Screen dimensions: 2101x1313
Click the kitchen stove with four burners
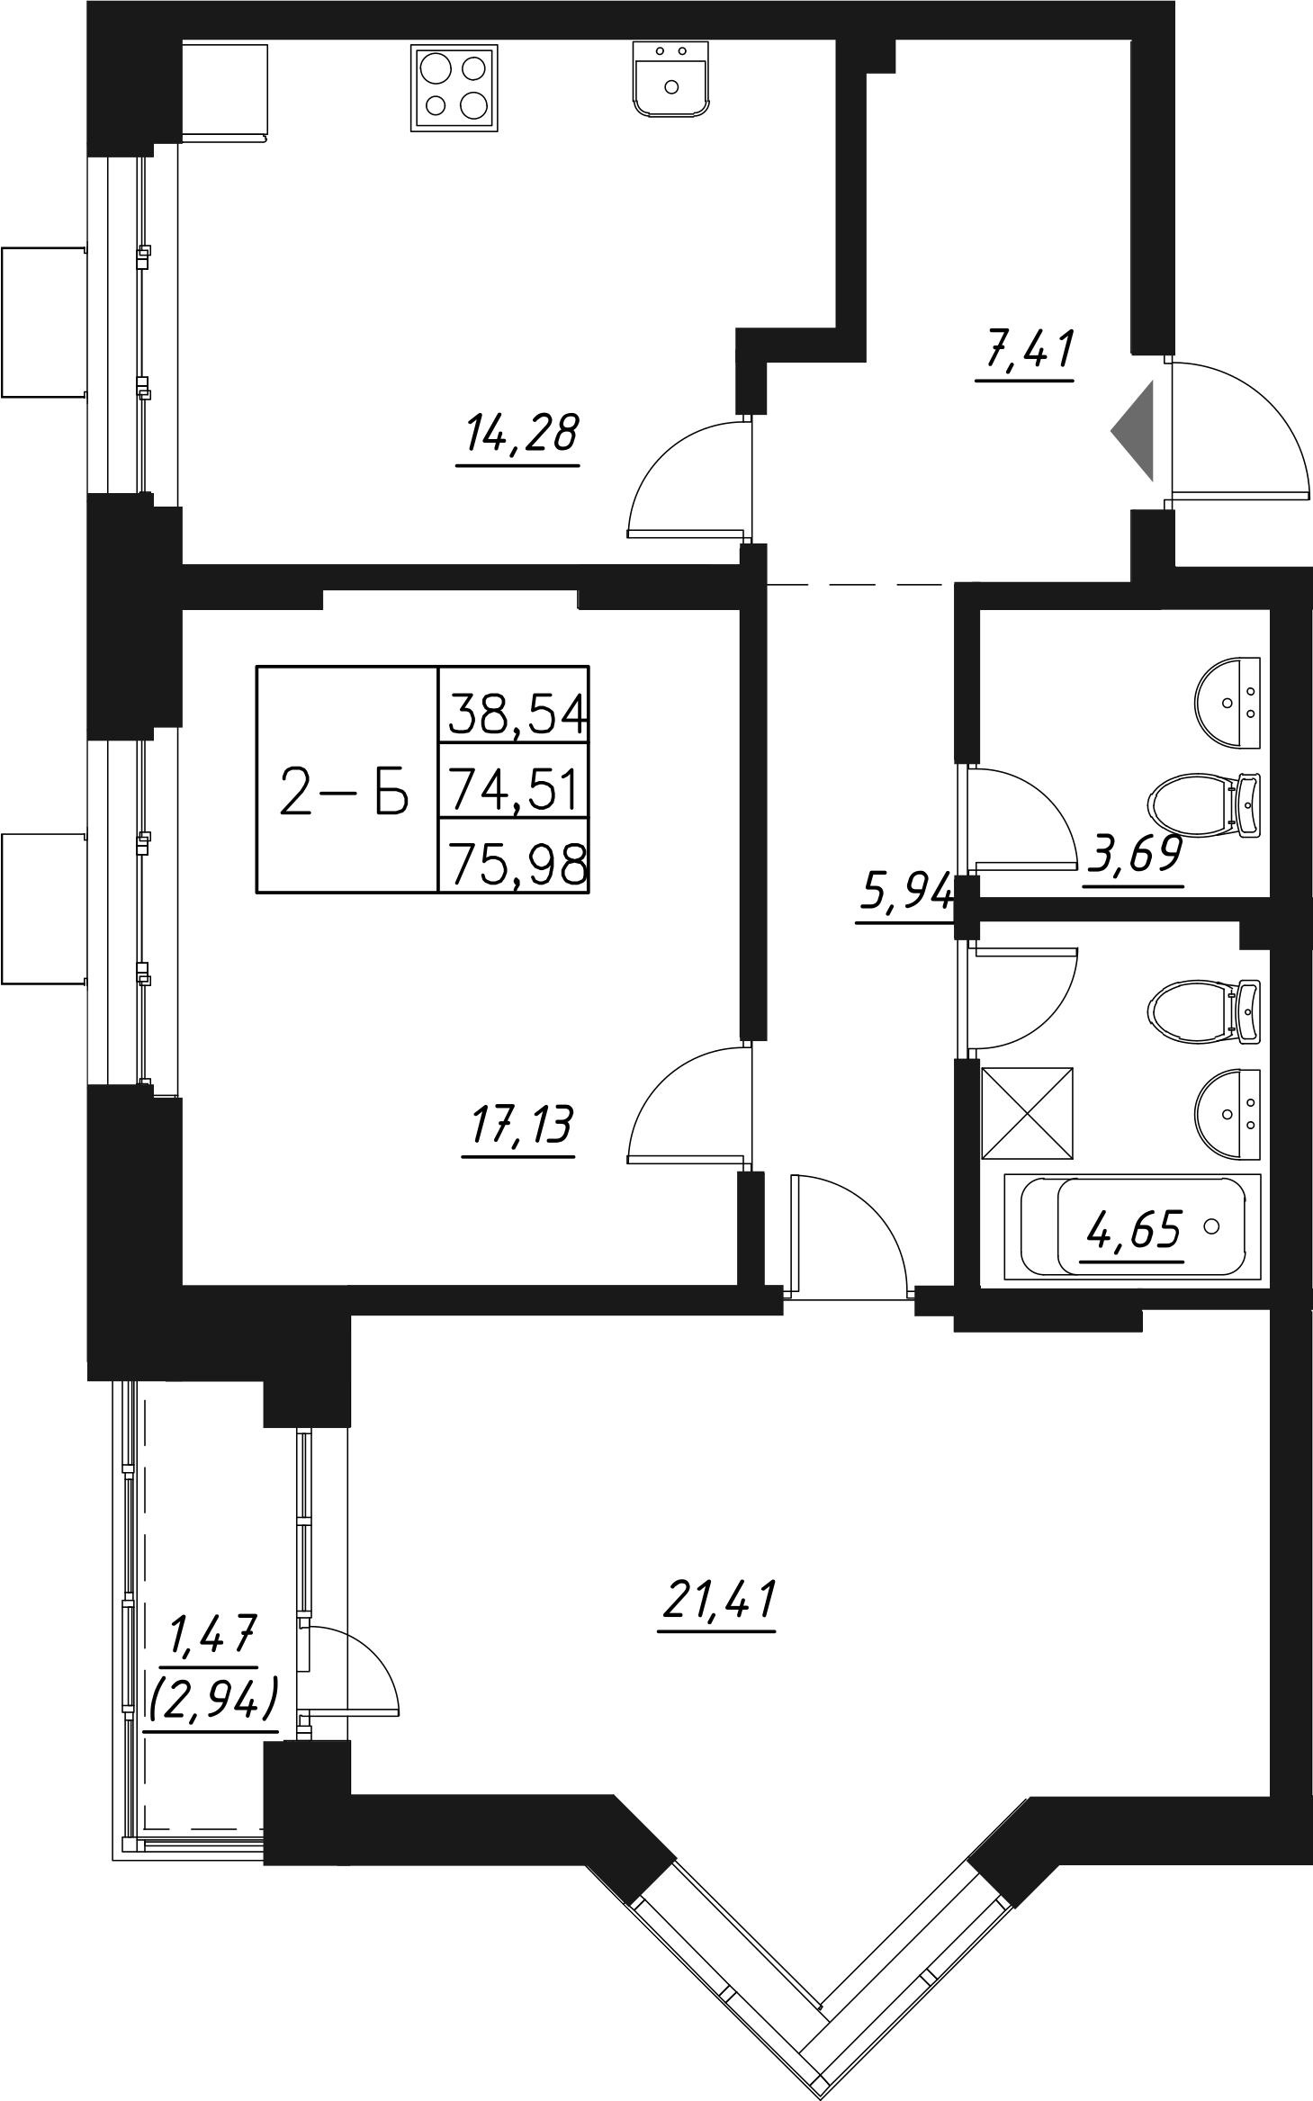454,88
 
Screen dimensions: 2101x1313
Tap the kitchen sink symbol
671,79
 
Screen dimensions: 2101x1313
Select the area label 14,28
521,434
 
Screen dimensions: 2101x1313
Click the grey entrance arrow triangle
1136,431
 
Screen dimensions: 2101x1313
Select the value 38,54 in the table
516,713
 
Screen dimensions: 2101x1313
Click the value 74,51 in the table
516,789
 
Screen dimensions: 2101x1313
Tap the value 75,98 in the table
516,865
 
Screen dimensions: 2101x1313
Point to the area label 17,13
518,1125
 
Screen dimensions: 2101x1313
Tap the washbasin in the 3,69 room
1228,702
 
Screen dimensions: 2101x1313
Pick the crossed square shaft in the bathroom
1028,1114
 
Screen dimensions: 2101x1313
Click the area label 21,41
718,1599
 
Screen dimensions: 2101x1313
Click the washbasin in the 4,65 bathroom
1228,1114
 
